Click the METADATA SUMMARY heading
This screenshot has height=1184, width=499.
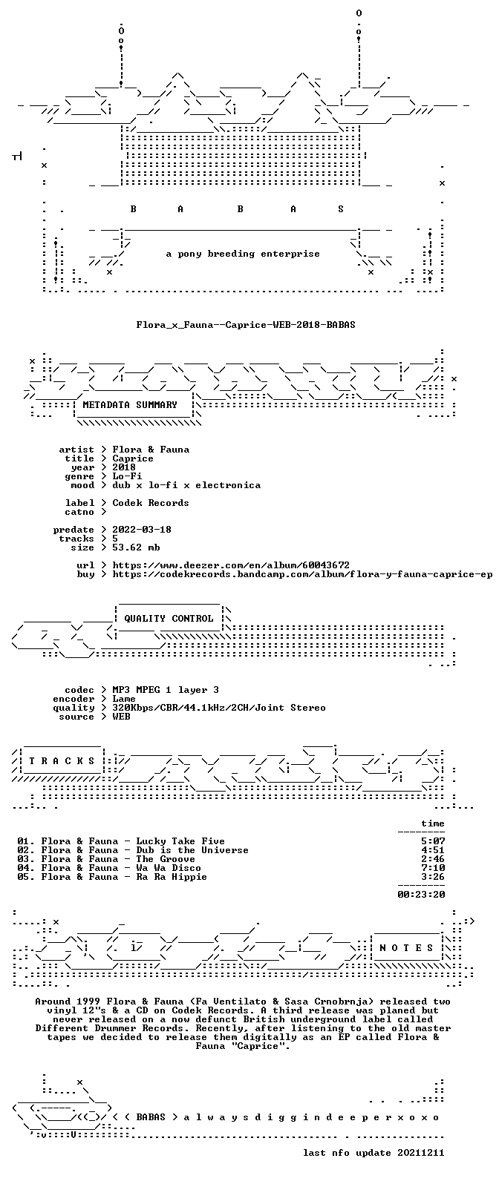[130, 405]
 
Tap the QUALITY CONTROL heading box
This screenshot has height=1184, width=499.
[169, 619]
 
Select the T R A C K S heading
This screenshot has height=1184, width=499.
[62, 760]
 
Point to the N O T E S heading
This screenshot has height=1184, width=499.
[406, 948]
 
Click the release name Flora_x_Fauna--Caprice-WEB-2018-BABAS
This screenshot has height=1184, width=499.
[246, 324]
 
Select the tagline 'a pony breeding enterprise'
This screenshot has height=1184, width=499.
[243, 254]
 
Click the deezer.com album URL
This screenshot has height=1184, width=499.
[231, 565]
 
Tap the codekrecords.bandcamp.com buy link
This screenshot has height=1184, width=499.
[302, 574]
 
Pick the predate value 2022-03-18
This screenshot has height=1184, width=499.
[142, 530]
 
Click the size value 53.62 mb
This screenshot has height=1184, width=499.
[136, 547]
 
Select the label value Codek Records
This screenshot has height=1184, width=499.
[151, 503]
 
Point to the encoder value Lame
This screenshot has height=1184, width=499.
[124, 699]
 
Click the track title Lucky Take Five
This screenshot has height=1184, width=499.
[180, 841]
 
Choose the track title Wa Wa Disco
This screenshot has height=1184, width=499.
[169, 868]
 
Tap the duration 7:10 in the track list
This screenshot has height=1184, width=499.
[433, 868]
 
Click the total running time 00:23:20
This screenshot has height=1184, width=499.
[421, 895]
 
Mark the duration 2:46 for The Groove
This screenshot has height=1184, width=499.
[433, 859]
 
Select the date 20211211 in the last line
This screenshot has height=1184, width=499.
[421, 1153]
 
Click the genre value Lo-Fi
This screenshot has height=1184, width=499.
[127, 476]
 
